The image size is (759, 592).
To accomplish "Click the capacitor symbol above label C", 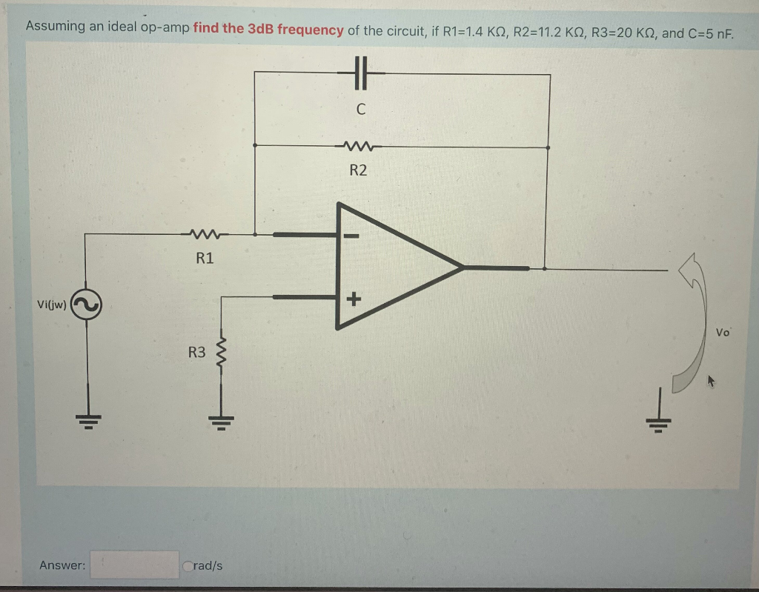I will pyautogui.click(x=359, y=74).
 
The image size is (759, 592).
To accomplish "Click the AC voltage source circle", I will pyautogui.click(x=86, y=305).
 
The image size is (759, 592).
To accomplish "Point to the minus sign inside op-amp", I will pyautogui.click(x=351, y=237).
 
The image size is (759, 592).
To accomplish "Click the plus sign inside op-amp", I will pyautogui.click(x=353, y=299).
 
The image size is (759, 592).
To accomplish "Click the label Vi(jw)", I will pyautogui.click(x=50, y=305).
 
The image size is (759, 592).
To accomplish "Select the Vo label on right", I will pyautogui.click(x=723, y=333).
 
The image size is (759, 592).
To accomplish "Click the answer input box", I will pyautogui.click(x=134, y=565).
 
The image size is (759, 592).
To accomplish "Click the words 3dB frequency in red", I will pyautogui.click(x=268, y=30).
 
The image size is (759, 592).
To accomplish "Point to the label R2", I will pyautogui.click(x=358, y=170).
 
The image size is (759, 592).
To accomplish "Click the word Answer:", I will pyautogui.click(x=62, y=565).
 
